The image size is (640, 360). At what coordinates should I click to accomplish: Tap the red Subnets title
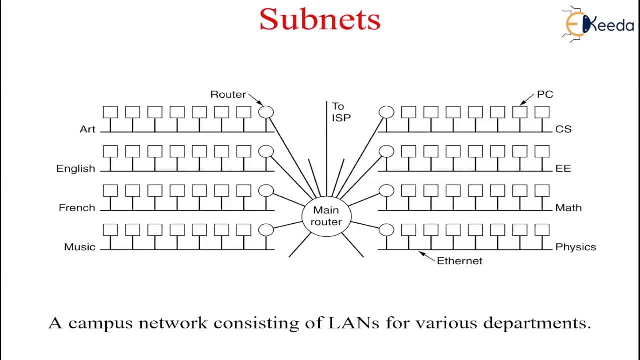320,19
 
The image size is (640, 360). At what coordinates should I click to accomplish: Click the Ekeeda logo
598,24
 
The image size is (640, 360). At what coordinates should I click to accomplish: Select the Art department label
87,129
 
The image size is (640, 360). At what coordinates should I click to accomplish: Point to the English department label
76,169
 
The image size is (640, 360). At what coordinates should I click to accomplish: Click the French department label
77,208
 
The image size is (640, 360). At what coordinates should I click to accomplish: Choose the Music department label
80,247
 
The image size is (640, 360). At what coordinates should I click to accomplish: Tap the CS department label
563,129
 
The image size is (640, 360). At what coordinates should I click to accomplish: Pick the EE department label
563,168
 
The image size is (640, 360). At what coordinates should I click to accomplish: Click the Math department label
568,208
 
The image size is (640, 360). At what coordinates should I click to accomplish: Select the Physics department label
576,247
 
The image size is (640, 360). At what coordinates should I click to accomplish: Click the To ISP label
341,112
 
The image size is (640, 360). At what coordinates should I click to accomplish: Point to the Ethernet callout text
459,261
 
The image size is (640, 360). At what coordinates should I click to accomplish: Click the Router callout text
228,94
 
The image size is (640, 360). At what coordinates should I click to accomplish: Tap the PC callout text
545,94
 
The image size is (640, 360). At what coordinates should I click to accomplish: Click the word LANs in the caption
354,323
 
